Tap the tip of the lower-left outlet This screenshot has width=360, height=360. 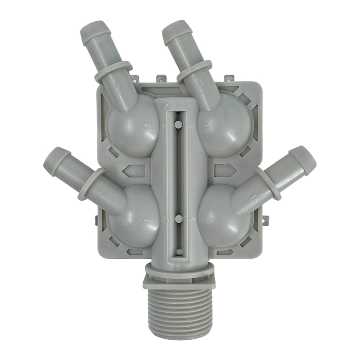tap(53, 158)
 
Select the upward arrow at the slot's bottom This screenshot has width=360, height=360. tap(179, 265)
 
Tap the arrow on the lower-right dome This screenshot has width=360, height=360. tap(210, 220)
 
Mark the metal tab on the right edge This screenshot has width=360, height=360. tap(265, 220)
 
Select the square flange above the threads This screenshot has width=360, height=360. tap(179, 282)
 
